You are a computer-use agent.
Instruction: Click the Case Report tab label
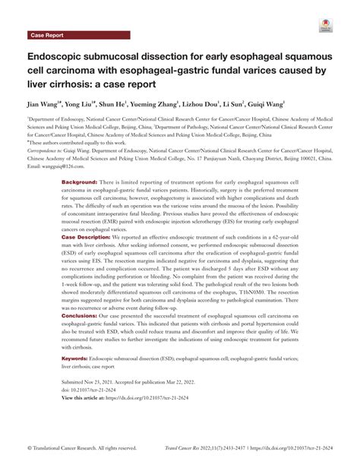click(x=48, y=35)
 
